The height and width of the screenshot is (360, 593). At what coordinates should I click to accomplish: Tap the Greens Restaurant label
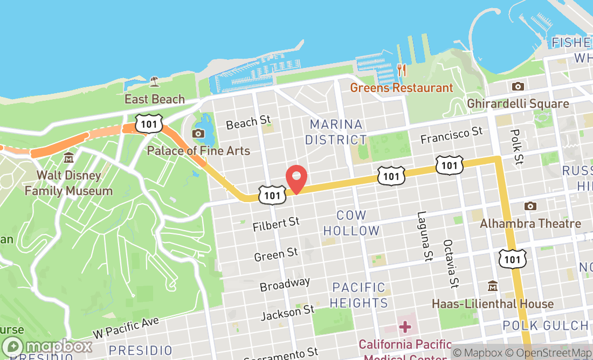tap(402, 88)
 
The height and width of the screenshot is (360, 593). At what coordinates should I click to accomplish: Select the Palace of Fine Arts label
tap(198, 150)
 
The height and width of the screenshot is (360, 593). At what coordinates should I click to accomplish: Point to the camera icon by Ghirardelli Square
tap(518, 86)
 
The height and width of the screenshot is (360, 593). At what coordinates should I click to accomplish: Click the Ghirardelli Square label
tap(518, 103)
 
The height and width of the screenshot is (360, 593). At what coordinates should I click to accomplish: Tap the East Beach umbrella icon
tap(155, 81)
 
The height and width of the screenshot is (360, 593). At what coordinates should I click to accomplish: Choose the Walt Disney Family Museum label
tap(68, 183)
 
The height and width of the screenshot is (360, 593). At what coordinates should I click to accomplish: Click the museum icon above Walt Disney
tap(68, 158)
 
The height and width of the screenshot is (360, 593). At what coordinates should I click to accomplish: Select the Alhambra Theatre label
tap(530, 223)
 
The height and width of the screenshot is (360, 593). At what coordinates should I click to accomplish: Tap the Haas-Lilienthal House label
tap(493, 304)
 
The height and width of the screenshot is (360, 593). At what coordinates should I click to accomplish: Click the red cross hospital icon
tap(405, 327)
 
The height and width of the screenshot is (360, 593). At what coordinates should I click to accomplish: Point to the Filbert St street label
tap(276, 224)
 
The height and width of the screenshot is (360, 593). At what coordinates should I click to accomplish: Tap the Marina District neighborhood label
tap(336, 132)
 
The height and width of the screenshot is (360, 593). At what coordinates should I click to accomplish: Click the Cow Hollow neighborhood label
tap(351, 223)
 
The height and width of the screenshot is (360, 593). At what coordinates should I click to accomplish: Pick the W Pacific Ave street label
tap(126, 328)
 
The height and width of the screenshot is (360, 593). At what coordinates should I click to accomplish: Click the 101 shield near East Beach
tap(147, 123)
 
